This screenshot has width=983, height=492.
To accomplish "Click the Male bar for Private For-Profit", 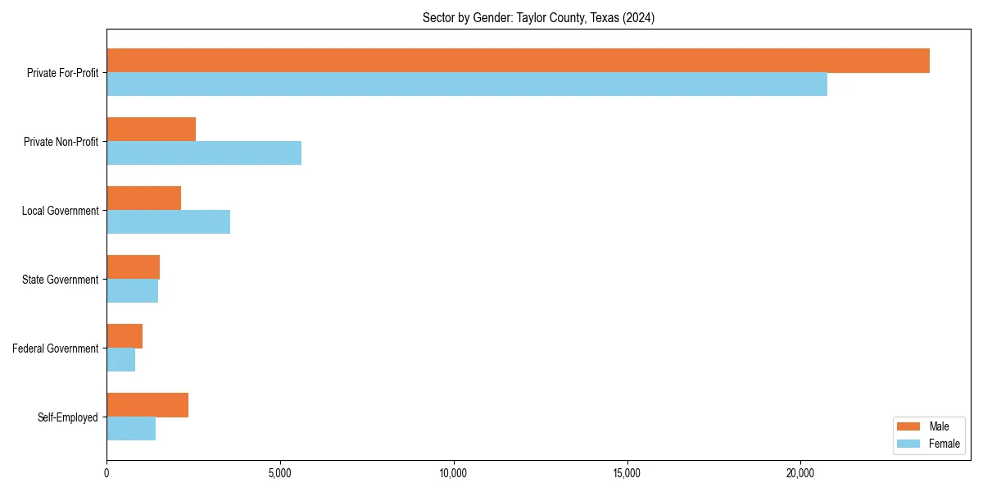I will pos(518,61).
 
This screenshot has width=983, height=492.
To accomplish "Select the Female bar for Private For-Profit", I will pos(467,84).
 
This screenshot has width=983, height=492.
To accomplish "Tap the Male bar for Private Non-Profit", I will pos(151,130).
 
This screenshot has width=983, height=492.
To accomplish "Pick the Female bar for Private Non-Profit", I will pos(204,153).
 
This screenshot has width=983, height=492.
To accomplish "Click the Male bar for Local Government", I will pos(143,198).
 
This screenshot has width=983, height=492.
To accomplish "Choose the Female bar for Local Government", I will pos(168,222).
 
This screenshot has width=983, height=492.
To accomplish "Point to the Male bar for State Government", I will pos(133,267).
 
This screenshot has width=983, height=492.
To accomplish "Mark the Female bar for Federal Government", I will pos(120,360).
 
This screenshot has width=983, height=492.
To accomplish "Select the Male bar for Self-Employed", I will pos(147,405).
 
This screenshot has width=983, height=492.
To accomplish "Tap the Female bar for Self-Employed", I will pos(131,429).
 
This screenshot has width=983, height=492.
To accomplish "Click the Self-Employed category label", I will pos(68,417).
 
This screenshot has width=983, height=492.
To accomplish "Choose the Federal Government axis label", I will pos(56,348).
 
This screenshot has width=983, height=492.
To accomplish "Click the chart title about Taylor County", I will pos(538,17).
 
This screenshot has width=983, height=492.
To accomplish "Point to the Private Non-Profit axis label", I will pos(61,142).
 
